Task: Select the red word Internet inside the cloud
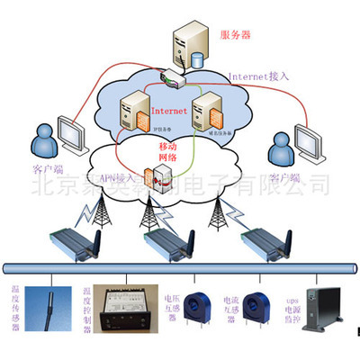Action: click(x=170, y=112)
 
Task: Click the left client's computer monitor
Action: click(x=71, y=135)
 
